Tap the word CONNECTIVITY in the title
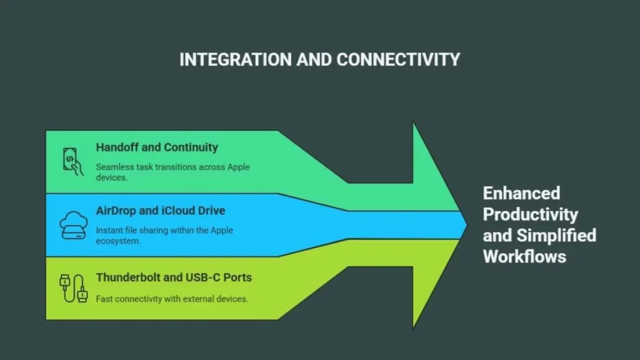click(x=398, y=59)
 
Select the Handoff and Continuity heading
click(x=157, y=147)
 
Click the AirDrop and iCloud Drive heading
click(x=160, y=211)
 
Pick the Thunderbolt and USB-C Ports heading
click(x=174, y=277)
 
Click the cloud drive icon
click(x=71, y=224)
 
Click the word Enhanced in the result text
click(x=521, y=192)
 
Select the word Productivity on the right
click(x=531, y=214)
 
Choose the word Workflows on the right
click(x=524, y=256)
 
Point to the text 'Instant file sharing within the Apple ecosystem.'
click(x=164, y=235)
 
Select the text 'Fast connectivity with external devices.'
click(x=172, y=299)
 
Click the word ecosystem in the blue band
click(x=116, y=241)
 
